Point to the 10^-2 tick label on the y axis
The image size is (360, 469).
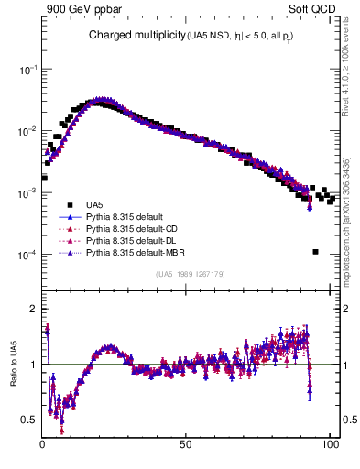point(27,131)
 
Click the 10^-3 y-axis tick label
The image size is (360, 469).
point(27,193)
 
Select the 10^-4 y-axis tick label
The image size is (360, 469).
point(27,255)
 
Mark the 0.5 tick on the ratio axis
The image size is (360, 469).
point(30,420)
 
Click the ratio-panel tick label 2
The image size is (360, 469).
point(34,309)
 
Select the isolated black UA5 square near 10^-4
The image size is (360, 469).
point(315,252)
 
